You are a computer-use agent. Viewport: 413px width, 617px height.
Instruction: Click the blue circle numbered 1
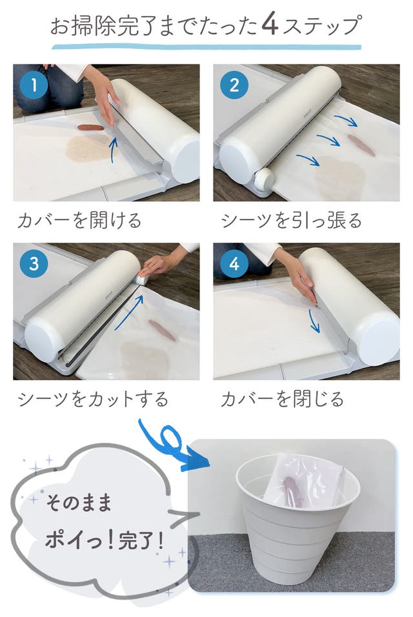tap(34, 85)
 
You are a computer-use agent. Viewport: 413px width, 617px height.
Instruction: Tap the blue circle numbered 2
tap(234, 85)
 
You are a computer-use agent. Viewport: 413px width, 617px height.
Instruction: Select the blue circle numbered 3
tap(34, 263)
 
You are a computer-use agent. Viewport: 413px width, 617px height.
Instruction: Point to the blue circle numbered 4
tap(234, 263)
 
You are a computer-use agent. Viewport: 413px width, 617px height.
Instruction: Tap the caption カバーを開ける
tap(79, 220)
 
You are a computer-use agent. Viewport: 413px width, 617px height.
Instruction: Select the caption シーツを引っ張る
tap(292, 220)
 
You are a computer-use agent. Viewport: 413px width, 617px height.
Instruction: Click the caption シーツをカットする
tap(93, 399)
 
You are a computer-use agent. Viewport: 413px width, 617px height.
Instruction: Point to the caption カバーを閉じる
tap(282, 399)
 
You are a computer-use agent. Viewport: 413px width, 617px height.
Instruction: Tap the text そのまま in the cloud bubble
tap(79, 503)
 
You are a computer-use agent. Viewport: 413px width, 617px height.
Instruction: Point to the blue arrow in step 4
tap(314, 321)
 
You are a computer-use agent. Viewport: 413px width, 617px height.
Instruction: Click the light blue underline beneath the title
tap(206, 47)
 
